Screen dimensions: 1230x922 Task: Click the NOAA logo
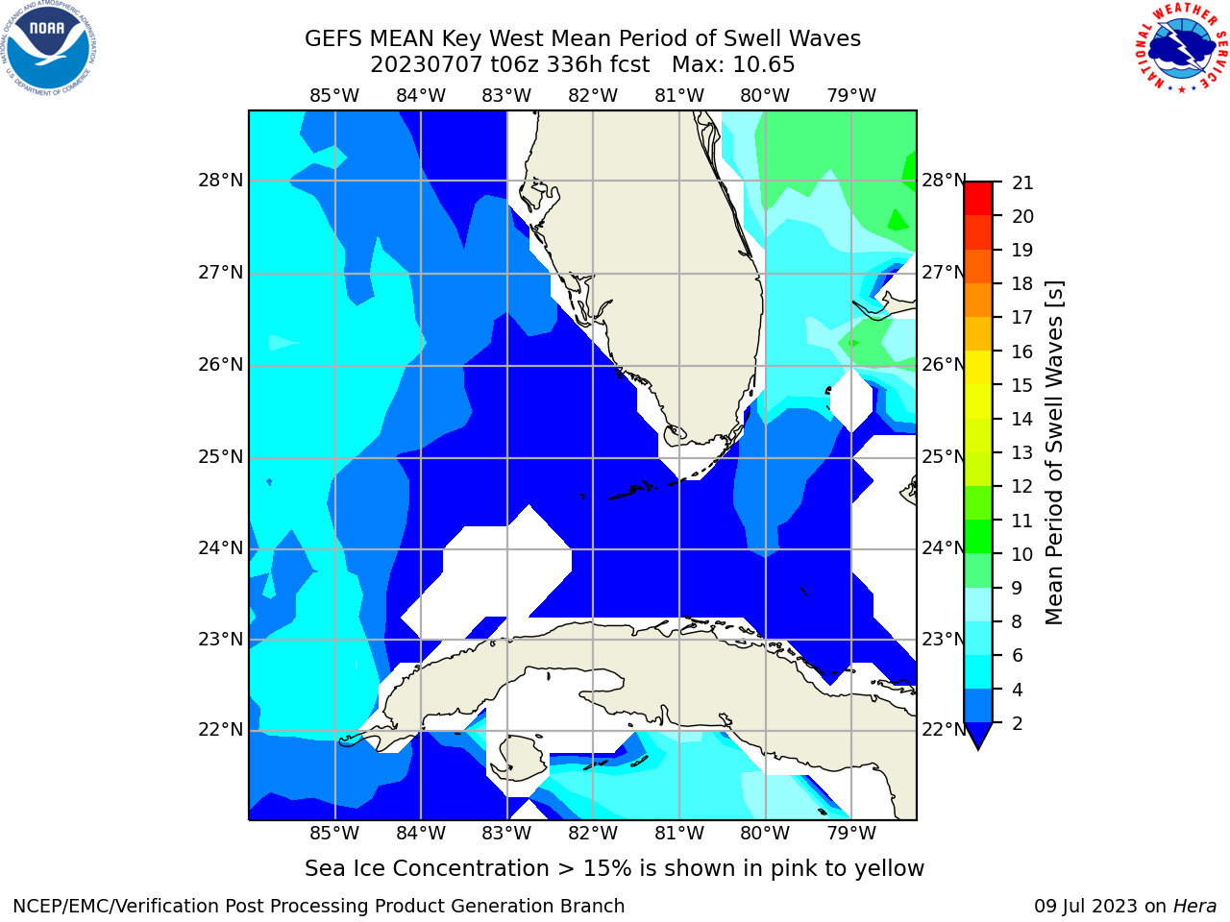click(x=48, y=48)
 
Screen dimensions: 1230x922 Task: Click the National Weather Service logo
click(x=1182, y=47)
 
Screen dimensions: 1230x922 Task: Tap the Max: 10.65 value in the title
click(x=733, y=65)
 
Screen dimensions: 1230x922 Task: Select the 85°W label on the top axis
click(x=334, y=96)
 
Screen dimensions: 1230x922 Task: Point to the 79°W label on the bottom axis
click(x=851, y=833)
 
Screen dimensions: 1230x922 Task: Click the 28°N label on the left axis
click(x=220, y=181)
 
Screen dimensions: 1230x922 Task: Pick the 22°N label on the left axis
click(x=220, y=729)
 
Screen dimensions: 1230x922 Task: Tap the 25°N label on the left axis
click(x=220, y=457)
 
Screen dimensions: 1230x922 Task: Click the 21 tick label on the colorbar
click(x=1022, y=183)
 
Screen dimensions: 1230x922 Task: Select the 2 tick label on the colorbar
click(x=1018, y=723)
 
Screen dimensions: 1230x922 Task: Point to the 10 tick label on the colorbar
click(x=1022, y=554)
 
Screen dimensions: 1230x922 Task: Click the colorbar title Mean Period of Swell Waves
click(x=1054, y=453)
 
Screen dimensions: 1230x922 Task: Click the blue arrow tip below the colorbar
click(x=978, y=748)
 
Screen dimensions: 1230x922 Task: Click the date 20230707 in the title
click(x=426, y=65)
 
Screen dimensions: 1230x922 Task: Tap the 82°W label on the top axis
click(x=593, y=96)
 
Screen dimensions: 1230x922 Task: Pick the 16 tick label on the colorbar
click(x=1022, y=352)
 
